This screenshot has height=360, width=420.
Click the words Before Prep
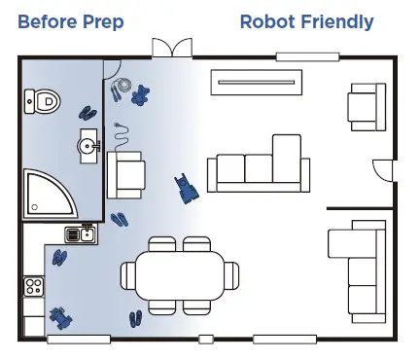[x=71, y=21]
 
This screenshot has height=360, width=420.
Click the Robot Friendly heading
[x=306, y=21]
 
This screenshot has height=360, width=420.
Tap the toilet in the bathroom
[x=42, y=98]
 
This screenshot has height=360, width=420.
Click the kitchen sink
[x=80, y=233]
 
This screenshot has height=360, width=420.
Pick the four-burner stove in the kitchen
[x=33, y=286]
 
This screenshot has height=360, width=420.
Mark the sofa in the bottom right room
[x=354, y=270]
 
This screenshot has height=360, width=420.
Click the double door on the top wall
[x=166, y=49]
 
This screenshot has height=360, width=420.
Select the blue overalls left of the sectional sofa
[x=185, y=188]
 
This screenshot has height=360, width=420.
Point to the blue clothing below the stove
[x=61, y=317]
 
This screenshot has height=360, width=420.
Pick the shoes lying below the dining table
[x=136, y=318]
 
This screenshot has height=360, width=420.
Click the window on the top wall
[x=299, y=57]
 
